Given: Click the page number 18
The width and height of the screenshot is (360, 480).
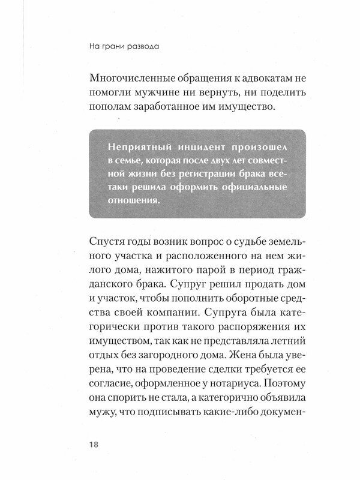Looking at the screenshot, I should point(94,445).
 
